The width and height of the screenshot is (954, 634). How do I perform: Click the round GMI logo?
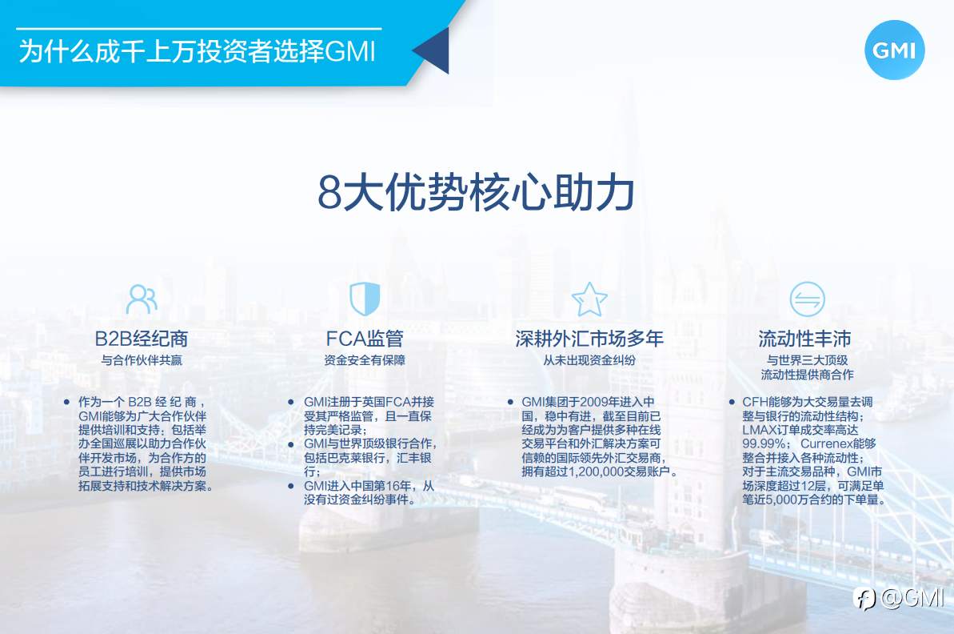point(894,50)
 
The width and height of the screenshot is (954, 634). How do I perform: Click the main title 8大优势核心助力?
point(476,192)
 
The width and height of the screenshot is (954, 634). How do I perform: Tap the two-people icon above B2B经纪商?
point(142,299)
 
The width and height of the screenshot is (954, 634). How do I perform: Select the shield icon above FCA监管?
point(365,299)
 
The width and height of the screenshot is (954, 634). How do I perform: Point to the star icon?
point(589,299)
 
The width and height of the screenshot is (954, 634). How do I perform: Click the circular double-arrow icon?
point(807,299)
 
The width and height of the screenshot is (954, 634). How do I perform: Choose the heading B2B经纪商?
point(142,339)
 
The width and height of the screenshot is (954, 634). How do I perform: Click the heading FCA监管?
point(365,339)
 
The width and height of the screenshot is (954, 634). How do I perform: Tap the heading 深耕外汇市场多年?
point(589,339)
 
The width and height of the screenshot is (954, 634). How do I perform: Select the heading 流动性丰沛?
point(804,339)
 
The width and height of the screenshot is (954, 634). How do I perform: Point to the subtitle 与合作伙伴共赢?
point(142,360)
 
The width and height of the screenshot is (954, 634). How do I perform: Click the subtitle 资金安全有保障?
point(365,360)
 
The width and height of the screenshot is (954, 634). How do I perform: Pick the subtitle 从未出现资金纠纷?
point(589,360)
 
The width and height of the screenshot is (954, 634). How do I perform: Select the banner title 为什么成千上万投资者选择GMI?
point(197,51)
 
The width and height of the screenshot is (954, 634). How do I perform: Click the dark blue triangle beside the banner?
point(434,50)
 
